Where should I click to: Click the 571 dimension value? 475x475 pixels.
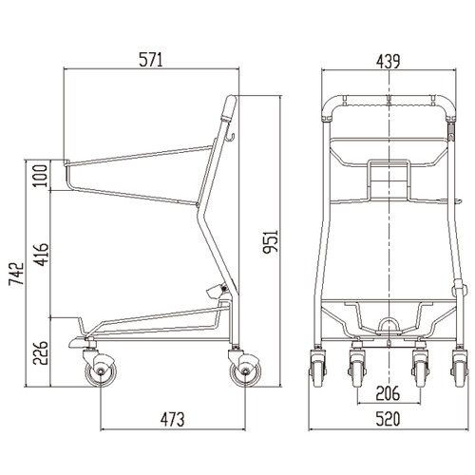(x=151, y=60)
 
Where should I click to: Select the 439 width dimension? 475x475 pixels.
(x=388, y=62)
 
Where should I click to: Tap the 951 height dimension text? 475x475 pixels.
(x=271, y=241)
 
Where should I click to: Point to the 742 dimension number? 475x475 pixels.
(x=16, y=274)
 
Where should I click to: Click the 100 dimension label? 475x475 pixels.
(x=41, y=176)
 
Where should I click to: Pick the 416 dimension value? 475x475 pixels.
(x=41, y=255)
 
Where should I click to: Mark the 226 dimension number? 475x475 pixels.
(x=41, y=353)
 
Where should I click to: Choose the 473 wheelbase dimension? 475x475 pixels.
(x=172, y=419)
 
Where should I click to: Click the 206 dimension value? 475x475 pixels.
(x=388, y=393)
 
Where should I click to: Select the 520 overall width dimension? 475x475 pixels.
(x=388, y=419)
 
